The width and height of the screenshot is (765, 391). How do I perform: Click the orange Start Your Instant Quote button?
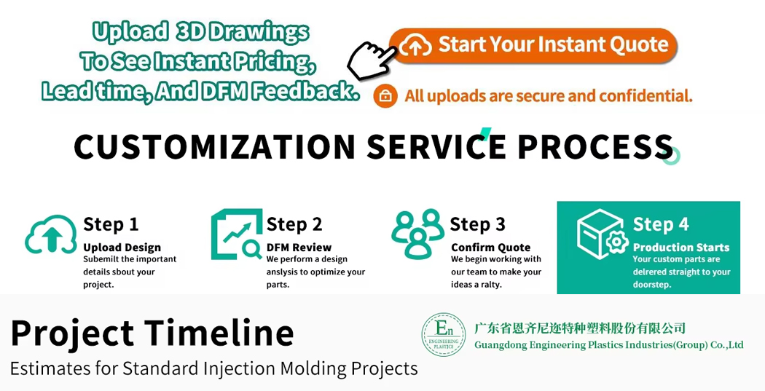(534, 45)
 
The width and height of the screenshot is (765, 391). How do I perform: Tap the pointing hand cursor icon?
(372, 60)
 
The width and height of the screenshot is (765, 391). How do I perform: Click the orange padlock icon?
(385, 95)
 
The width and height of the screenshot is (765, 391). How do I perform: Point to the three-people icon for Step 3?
(417, 234)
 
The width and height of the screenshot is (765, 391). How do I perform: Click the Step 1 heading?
(111, 224)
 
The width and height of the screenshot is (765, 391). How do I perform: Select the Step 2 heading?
(294, 224)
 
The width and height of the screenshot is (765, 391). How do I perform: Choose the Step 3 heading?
(478, 224)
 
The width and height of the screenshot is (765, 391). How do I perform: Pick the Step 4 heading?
(661, 224)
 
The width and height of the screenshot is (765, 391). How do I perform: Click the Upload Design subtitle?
(122, 248)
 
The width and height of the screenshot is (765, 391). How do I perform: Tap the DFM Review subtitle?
(299, 248)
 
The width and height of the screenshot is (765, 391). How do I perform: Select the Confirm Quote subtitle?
(491, 248)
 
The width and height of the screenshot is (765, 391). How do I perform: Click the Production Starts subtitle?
(681, 248)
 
